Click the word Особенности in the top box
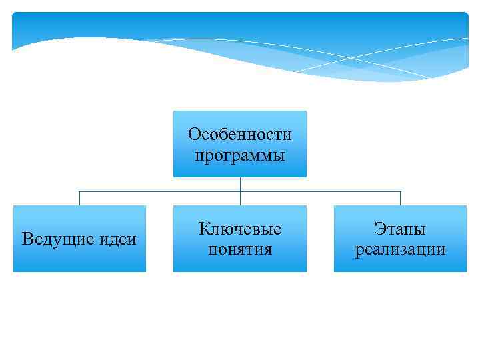(240, 135)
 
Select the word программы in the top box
(240, 156)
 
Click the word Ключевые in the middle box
(240, 229)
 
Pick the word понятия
(240, 249)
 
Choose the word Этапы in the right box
(400, 229)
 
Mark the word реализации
(400, 249)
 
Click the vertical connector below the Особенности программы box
(240, 184)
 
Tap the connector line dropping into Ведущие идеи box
(80, 199)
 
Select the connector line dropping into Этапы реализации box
(400, 199)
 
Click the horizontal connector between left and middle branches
(160, 192)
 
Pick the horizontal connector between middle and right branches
(320, 192)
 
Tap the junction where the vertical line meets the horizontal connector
(240, 192)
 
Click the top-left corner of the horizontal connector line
(80, 192)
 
